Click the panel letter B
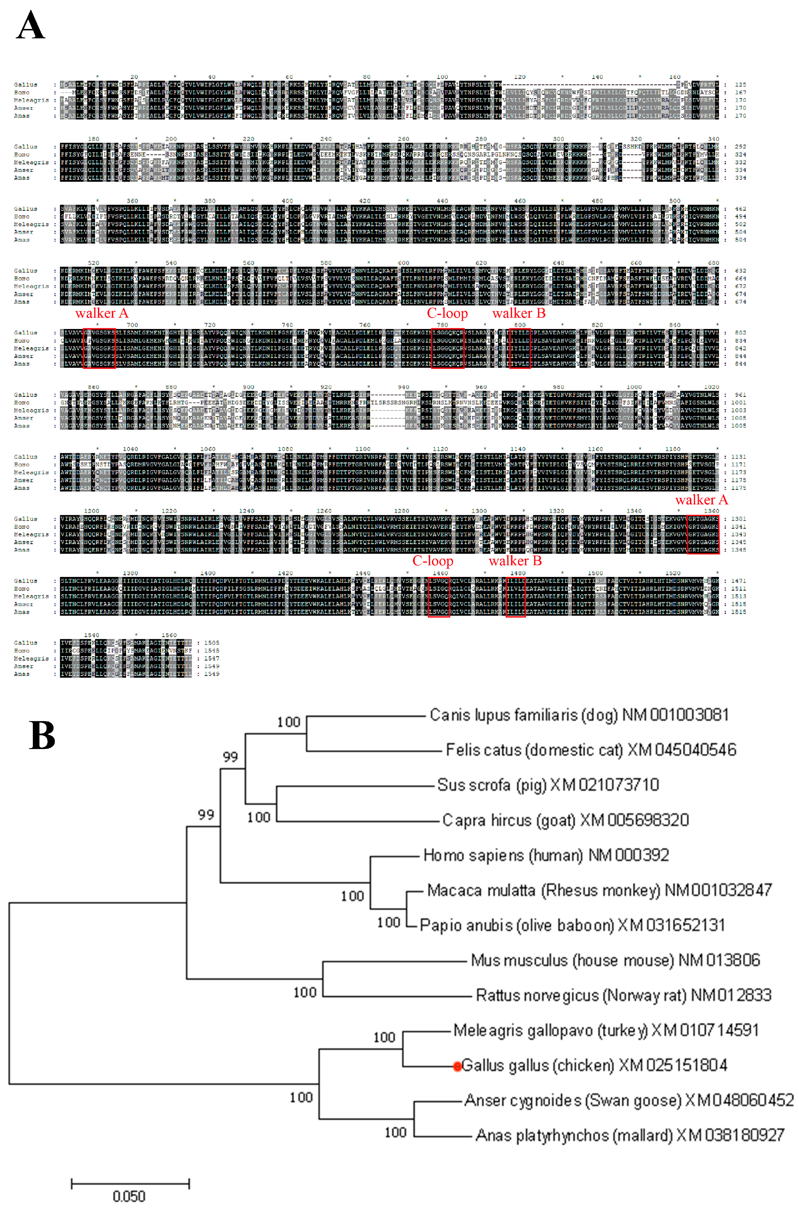click(x=42, y=735)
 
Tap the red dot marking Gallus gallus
click(x=457, y=1066)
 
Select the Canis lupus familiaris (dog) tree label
click(x=579, y=715)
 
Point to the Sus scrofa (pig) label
click(x=548, y=785)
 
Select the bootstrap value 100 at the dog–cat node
click(x=288, y=722)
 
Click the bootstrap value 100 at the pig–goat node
click(x=258, y=817)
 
